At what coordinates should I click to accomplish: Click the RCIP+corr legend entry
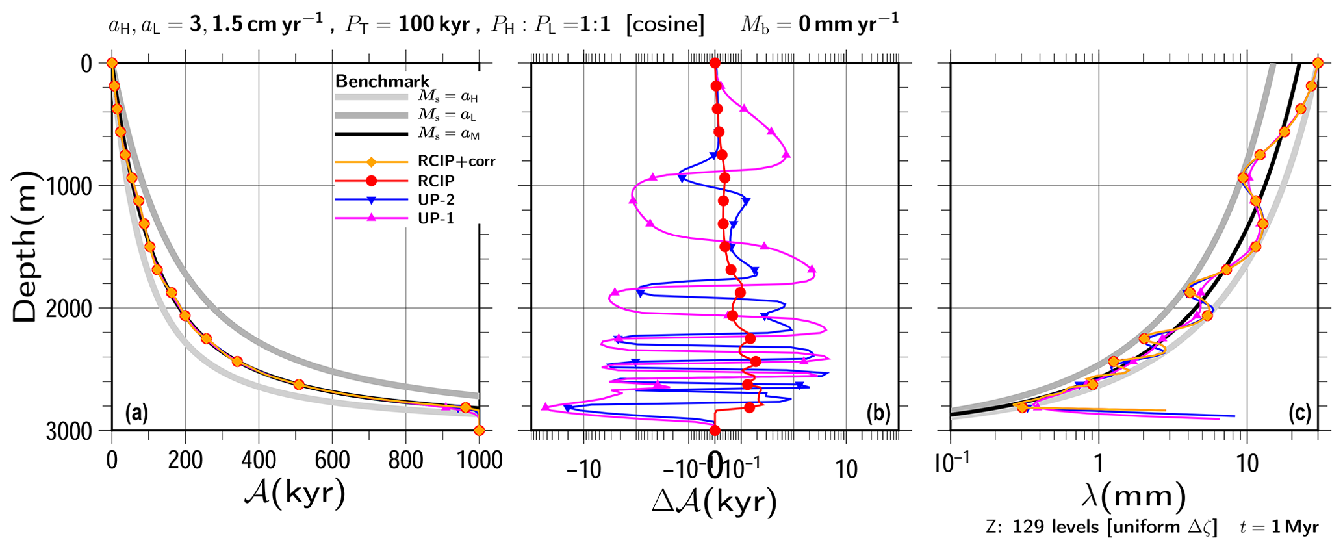[456, 161]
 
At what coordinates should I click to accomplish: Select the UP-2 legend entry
[436, 200]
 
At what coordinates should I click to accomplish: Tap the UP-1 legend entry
[436, 219]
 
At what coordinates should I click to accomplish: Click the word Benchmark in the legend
[382, 81]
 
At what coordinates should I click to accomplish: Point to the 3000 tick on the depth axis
[69, 431]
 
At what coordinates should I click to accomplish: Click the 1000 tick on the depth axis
[69, 186]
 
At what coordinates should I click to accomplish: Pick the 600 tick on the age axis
[332, 460]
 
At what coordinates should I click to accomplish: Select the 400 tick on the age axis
[259, 460]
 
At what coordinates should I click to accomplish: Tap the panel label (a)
[137, 413]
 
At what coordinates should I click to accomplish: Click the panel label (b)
[878, 413]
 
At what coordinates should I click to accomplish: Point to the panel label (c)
[1299, 413]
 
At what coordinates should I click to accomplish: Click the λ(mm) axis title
[1133, 497]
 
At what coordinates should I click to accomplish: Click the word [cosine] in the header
[665, 25]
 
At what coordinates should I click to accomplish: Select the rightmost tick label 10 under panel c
[1246, 464]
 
